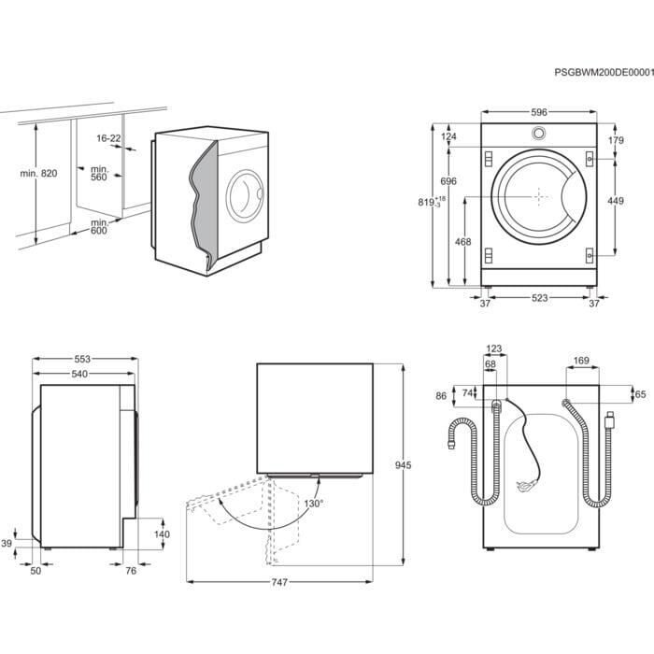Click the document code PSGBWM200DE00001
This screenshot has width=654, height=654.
point(604,72)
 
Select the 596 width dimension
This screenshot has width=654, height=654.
point(539,112)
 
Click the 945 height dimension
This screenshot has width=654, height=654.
point(403,464)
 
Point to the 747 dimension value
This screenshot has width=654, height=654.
point(279,583)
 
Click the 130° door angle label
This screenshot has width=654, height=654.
point(313,504)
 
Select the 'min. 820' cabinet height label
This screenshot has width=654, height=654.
point(37,175)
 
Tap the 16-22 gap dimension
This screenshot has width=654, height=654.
point(108,138)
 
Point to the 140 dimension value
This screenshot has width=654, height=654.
point(161,534)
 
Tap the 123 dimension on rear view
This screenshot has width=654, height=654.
point(494,348)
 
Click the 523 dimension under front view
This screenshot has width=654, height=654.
point(539,299)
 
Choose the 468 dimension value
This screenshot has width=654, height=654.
point(462,242)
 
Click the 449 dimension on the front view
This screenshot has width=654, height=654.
point(617,201)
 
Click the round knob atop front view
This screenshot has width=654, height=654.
point(539,133)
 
